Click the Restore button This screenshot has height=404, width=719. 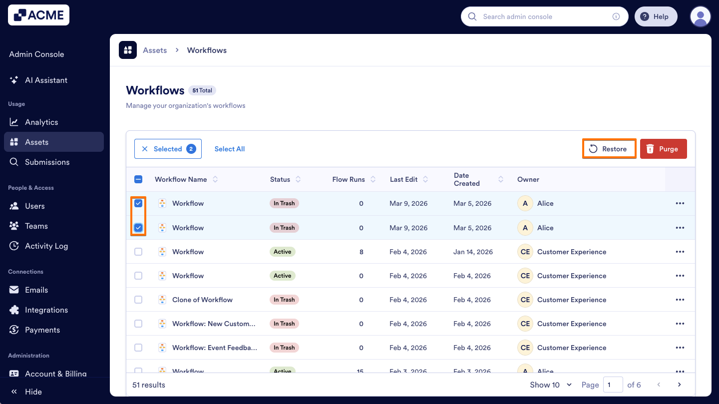pyautogui.click(x=609, y=149)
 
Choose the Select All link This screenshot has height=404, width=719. pyautogui.click(x=229, y=149)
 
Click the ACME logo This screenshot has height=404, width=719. pyautogui.click(x=39, y=15)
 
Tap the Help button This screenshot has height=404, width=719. pyautogui.click(x=655, y=16)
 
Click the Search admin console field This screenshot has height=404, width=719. pyautogui.click(x=544, y=16)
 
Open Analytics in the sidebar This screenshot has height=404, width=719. pyautogui.click(x=41, y=122)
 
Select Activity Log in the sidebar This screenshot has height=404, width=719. pyautogui.click(x=46, y=246)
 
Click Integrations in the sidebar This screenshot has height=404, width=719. pyautogui.click(x=46, y=310)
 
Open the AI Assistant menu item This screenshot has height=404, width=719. pyautogui.click(x=46, y=80)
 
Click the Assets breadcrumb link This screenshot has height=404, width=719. pyautogui.click(x=155, y=50)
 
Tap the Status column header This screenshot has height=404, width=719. pyautogui.click(x=280, y=179)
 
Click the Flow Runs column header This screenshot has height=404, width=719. pyautogui.click(x=349, y=179)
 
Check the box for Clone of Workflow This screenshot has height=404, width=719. pyautogui.click(x=138, y=300)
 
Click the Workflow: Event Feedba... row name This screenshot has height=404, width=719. pyautogui.click(x=214, y=348)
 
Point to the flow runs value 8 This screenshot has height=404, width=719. pyautogui.click(x=361, y=252)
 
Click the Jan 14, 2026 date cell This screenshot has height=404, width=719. pyautogui.click(x=473, y=252)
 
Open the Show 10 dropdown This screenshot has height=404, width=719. pyautogui.click(x=550, y=385)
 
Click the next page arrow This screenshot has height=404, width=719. pyautogui.click(x=679, y=385)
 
